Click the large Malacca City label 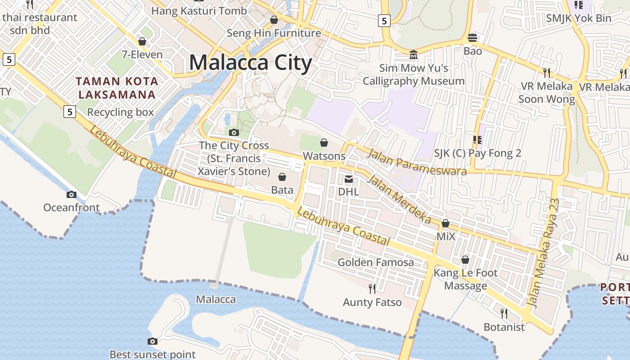tap(251, 63)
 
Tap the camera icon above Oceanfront tap(71, 194)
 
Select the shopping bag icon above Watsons tap(324, 143)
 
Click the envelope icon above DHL tap(348, 179)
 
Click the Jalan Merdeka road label tap(399, 199)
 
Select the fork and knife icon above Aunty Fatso tap(372, 288)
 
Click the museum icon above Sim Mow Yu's tap(413, 55)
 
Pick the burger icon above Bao tap(472, 37)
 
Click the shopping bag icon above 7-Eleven tap(142, 41)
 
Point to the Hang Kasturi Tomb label tap(199, 11)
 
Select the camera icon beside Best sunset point tap(153, 341)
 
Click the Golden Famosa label tap(376, 262)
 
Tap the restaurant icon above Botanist tap(504, 313)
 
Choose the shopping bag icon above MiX tap(445, 223)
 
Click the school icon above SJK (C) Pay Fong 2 tap(477, 140)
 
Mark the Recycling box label tap(121, 112)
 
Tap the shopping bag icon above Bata tap(282, 177)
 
